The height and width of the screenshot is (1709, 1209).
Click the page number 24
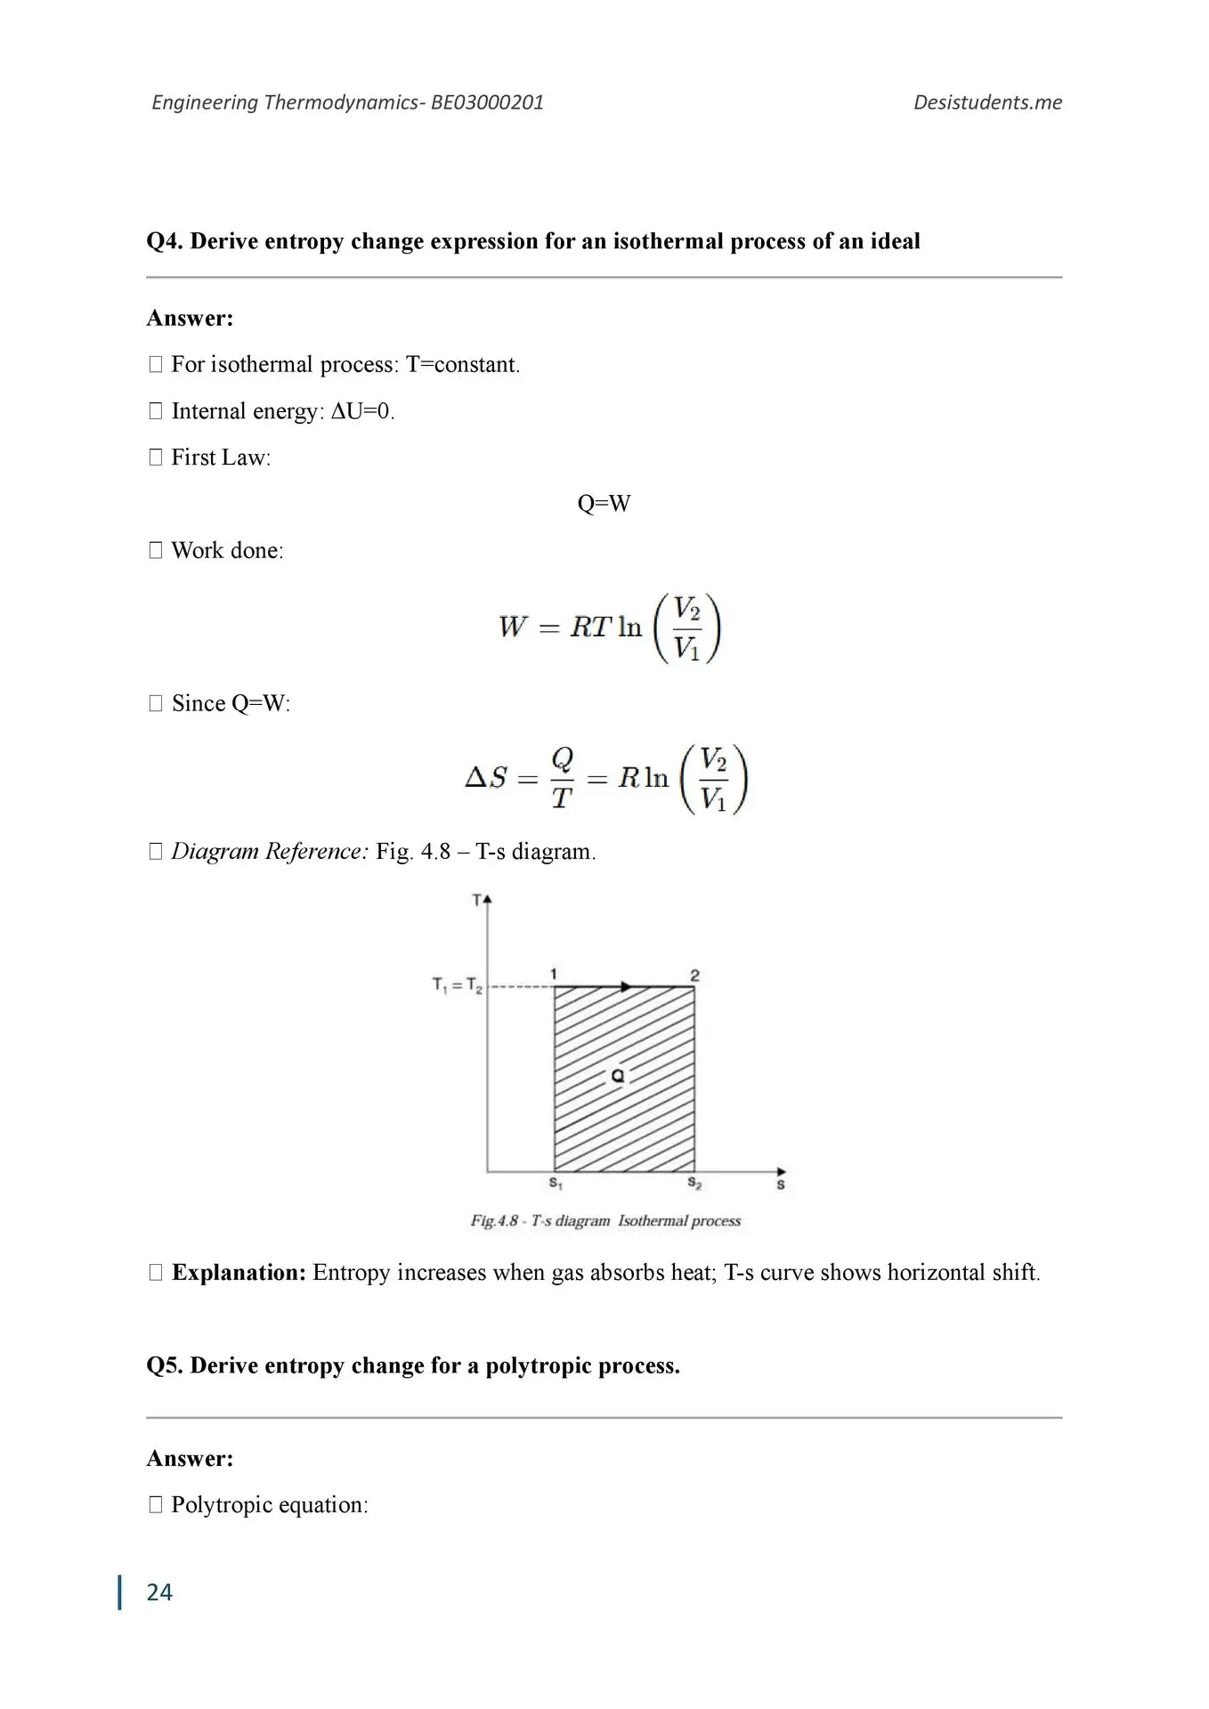(x=159, y=1592)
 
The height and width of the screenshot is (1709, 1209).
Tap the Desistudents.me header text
(x=987, y=102)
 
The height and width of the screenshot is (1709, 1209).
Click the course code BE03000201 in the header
(x=487, y=102)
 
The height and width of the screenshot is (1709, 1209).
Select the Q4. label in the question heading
(x=165, y=241)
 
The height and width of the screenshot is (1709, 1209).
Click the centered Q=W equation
(x=604, y=504)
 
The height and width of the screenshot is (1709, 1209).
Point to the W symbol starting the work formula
(x=513, y=627)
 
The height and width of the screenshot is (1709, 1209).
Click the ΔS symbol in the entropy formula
(x=486, y=778)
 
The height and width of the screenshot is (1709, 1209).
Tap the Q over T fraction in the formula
(x=562, y=778)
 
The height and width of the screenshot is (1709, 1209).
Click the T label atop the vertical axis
(x=477, y=900)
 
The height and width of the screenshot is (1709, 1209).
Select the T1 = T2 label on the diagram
(x=457, y=985)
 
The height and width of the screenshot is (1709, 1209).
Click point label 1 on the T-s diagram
(x=554, y=974)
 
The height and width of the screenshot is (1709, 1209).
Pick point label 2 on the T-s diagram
(x=695, y=976)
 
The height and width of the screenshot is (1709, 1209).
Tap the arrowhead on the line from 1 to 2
(x=627, y=986)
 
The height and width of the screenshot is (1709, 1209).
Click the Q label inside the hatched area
(x=618, y=1076)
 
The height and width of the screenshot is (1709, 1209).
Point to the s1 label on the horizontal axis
(x=556, y=1184)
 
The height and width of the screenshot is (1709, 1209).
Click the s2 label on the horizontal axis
(x=694, y=1184)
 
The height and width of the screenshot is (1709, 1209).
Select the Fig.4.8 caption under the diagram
(x=605, y=1221)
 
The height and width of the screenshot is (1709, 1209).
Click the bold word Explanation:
(x=239, y=1273)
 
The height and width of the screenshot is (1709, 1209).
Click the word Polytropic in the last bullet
(x=212, y=1505)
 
